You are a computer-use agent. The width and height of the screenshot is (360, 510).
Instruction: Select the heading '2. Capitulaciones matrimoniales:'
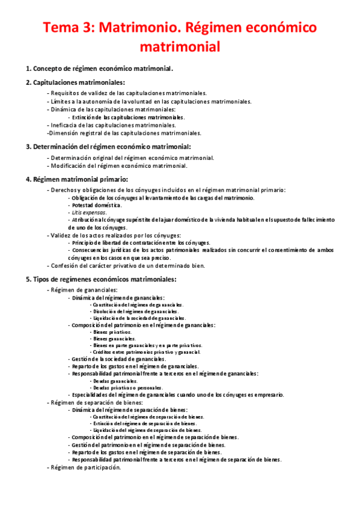[x=75, y=82]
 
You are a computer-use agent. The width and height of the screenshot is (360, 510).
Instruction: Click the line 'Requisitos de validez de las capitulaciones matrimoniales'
[x=128, y=93]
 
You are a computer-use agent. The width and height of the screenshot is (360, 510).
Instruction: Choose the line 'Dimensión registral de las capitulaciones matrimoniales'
[x=124, y=133]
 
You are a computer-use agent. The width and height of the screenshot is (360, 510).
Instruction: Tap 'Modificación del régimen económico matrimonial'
[x=118, y=165]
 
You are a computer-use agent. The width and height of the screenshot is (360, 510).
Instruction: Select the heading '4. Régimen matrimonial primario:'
[x=76, y=179]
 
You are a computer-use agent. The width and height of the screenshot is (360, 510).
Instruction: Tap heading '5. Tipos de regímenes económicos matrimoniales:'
[x=101, y=279]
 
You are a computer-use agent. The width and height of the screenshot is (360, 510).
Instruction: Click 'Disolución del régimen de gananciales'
[x=135, y=312]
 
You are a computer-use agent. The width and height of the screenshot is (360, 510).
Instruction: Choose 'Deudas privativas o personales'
[x=128, y=388]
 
